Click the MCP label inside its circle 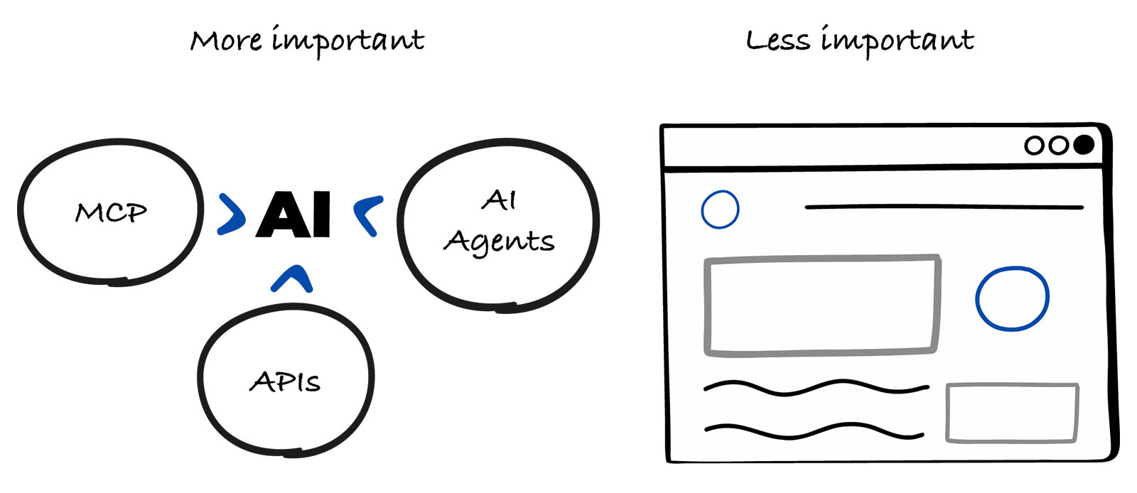click(111, 212)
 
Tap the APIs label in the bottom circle click(285, 382)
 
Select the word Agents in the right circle click(499, 242)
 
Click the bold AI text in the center click(294, 214)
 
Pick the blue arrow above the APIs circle click(292, 279)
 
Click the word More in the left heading click(226, 41)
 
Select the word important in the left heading click(348, 41)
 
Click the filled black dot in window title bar click(1083, 145)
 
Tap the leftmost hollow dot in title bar click(1035, 146)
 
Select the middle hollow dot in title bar click(1059, 146)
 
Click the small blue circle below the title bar click(720, 210)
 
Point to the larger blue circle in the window click(1012, 298)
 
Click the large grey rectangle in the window click(821, 305)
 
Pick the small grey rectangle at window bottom click(1012, 413)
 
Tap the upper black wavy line click(816, 387)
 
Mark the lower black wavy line click(814, 430)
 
